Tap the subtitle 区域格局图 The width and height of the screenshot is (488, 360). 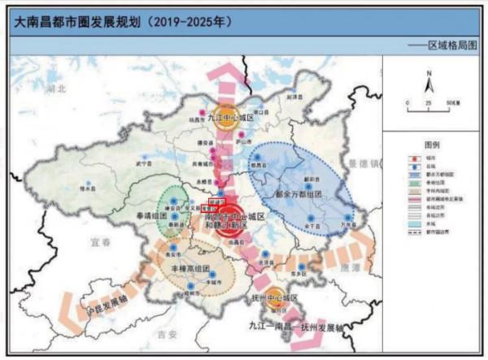point(452,48)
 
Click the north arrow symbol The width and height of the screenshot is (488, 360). point(429,82)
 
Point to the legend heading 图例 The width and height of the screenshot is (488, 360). point(432,143)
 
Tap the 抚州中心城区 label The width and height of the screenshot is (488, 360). point(279,298)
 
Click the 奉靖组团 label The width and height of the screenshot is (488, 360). point(152,217)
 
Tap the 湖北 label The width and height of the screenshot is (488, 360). point(55,87)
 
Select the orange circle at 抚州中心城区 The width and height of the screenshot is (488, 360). point(275,296)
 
